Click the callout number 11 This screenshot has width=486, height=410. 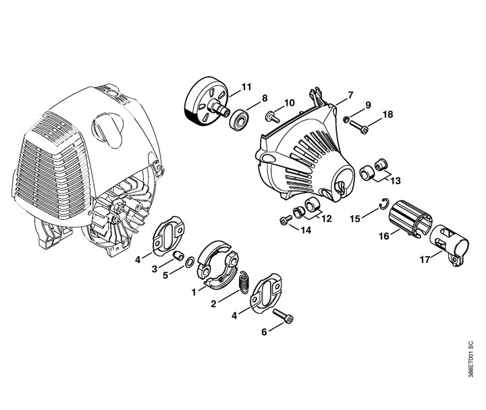tap(246, 87)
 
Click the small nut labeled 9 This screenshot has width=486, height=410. tap(347, 119)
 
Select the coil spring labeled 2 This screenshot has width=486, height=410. tap(245, 281)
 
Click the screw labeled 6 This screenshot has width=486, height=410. tap(283, 316)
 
